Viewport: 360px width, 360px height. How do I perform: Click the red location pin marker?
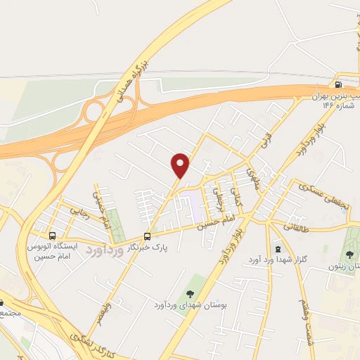tap(181, 165)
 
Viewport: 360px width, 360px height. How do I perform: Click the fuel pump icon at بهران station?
tap(341, 84)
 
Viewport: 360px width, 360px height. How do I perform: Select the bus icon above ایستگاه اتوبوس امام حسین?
tap(52, 236)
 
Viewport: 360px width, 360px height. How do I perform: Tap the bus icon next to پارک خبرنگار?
tap(147, 236)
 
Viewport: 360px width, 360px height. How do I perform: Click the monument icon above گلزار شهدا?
tap(278, 249)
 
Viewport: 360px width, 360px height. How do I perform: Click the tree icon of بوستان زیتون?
tap(351, 254)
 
